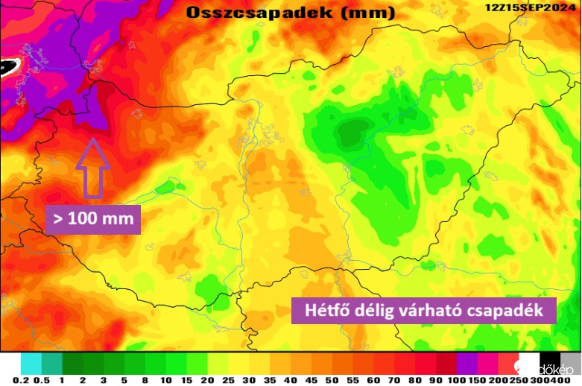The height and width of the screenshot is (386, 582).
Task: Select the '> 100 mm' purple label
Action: (93, 219)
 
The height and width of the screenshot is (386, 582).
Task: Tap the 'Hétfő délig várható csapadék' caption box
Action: (423, 309)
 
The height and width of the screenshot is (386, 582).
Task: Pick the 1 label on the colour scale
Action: (62, 380)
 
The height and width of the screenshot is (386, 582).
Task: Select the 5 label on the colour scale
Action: (123, 380)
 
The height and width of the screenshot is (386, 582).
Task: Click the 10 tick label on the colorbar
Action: (164, 380)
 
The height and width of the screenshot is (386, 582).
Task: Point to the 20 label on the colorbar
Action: (205, 380)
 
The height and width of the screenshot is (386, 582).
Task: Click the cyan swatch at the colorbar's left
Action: (31, 363)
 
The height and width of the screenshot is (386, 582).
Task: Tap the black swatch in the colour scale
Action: (550, 363)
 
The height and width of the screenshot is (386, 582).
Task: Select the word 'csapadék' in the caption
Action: (514, 309)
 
